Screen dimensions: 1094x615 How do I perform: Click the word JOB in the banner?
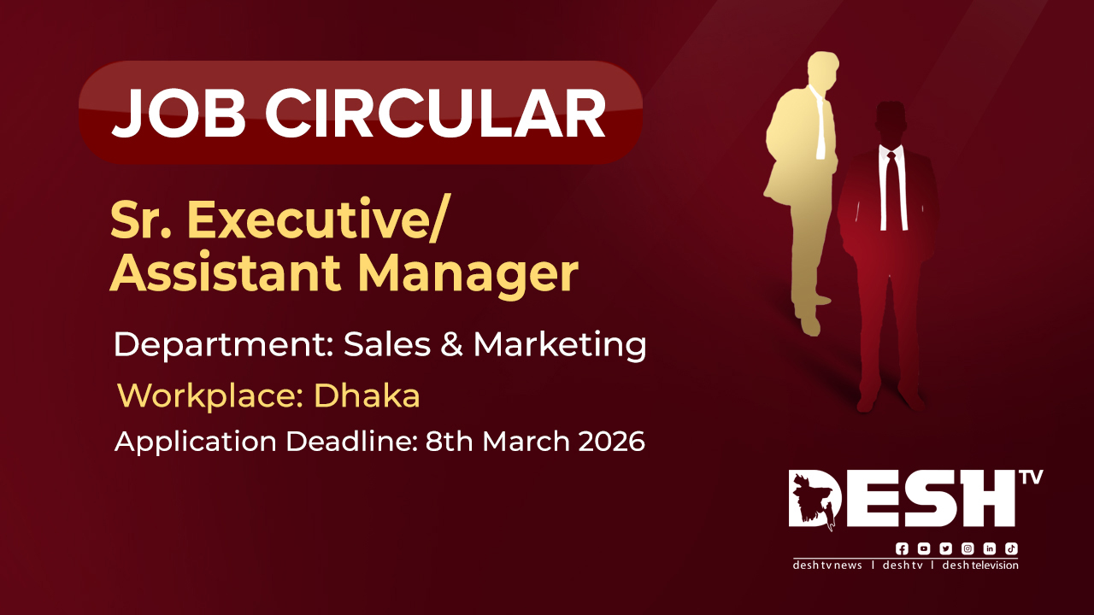179,113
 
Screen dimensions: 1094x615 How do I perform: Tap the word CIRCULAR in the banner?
435,113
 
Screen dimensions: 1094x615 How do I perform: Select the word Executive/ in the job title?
316,220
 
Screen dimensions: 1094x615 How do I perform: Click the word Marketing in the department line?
560,345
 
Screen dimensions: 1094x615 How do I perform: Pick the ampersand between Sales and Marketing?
452,344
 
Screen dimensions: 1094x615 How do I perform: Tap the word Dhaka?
367,395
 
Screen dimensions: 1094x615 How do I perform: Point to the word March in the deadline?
526,442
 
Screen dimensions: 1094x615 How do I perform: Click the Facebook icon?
902,548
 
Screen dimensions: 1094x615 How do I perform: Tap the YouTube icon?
924,548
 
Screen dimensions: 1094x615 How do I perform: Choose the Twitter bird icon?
945,548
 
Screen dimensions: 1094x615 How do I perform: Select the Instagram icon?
968,548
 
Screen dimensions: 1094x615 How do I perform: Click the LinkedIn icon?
990,548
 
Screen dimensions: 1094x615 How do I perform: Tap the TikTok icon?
1011,548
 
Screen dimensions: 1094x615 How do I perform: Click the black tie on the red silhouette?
893,190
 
